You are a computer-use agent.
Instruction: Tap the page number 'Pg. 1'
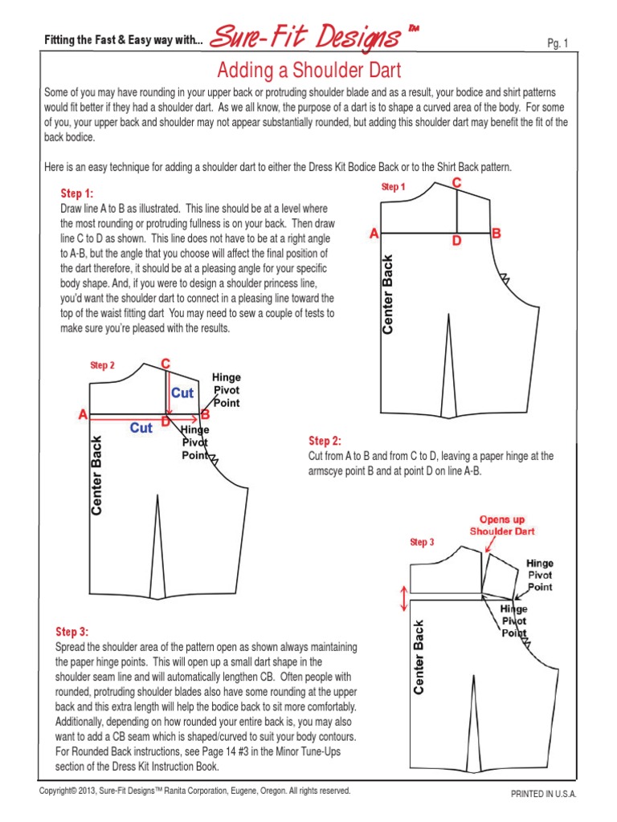[x=557, y=44]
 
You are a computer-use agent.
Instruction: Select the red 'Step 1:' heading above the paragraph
[x=77, y=193]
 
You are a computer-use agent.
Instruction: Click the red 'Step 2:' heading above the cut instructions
[x=325, y=441]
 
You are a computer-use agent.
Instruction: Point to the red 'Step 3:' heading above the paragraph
[x=72, y=632]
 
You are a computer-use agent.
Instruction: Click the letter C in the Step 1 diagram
[x=456, y=184]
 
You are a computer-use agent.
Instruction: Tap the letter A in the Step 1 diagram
[x=373, y=234]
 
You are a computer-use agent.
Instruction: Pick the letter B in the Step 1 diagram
[x=496, y=234]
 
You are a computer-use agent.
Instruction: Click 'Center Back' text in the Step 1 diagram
[x=389, y=295]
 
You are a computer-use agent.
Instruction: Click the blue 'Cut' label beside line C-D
[x=183, y=393]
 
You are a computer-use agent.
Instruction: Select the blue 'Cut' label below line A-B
[x=141, y=429]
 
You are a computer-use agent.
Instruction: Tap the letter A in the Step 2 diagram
[x=82, y=415]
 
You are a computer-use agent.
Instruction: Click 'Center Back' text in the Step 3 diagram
[x=418, y=657]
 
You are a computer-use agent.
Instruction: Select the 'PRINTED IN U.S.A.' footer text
[x=544, y=794]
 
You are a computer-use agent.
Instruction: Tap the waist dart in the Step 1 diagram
[x=448, y=365]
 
